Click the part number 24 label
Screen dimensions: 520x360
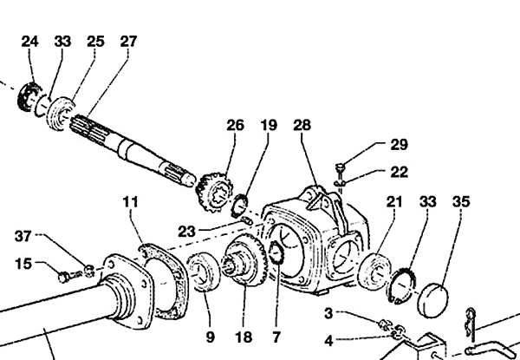(x=29, y=42)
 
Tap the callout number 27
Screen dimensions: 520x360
(x=128, y=42)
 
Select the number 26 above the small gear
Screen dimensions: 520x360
(x=236, y=126)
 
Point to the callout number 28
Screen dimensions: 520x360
(x=302, y=126)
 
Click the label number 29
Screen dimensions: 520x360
(x=399, y=145)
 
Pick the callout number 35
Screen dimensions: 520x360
(x=461, y=202)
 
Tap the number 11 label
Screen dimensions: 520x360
(x=130, y=202)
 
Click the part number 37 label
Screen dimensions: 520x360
(x=23, y=236)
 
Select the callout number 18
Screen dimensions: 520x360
(x=244, y=337)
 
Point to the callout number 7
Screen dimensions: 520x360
(x=276, y=337)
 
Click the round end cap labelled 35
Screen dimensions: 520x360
(x=433, y=300)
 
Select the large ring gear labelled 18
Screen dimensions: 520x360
(x=245, y=259)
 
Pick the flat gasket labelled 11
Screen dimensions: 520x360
(x=165, y=281)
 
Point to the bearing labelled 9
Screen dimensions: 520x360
(x=204, y=272)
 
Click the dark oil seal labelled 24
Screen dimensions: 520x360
(x=29, y=96)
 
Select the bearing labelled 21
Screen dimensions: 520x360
(x=375, y=271)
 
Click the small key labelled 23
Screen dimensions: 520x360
(x=248, y=220)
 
